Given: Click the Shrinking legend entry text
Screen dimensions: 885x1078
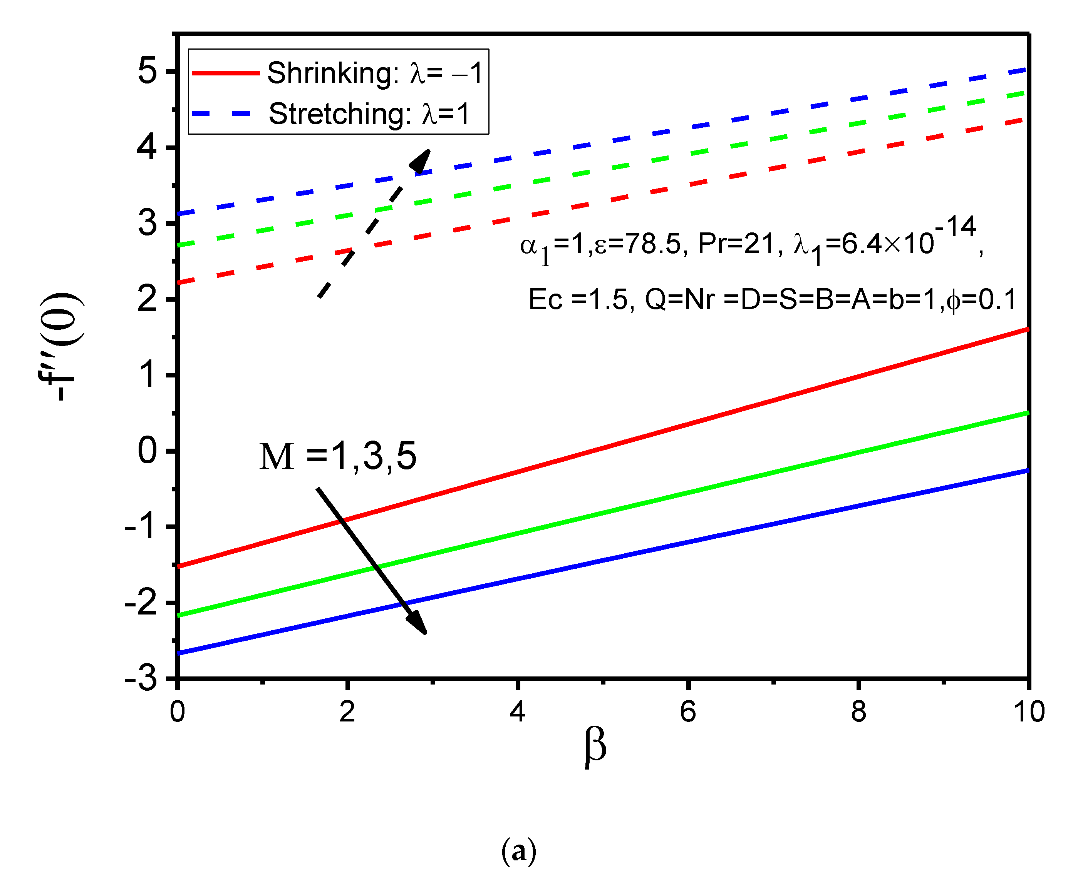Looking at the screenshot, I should pos(375,73).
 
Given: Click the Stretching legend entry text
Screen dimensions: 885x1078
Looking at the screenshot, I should pos(369,114).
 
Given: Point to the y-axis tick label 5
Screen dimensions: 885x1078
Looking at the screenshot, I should pos(147,71).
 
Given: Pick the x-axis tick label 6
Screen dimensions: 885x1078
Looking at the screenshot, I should pos(688,712).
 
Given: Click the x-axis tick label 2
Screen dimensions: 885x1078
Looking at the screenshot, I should pos(347,712).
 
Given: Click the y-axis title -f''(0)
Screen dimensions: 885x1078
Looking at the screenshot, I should pos(60,347).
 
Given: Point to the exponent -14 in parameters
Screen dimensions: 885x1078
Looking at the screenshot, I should pos(955,227).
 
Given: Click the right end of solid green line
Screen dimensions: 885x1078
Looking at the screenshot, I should pos(1026,413).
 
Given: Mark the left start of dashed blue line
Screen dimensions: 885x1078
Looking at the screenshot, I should pos(179,214).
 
